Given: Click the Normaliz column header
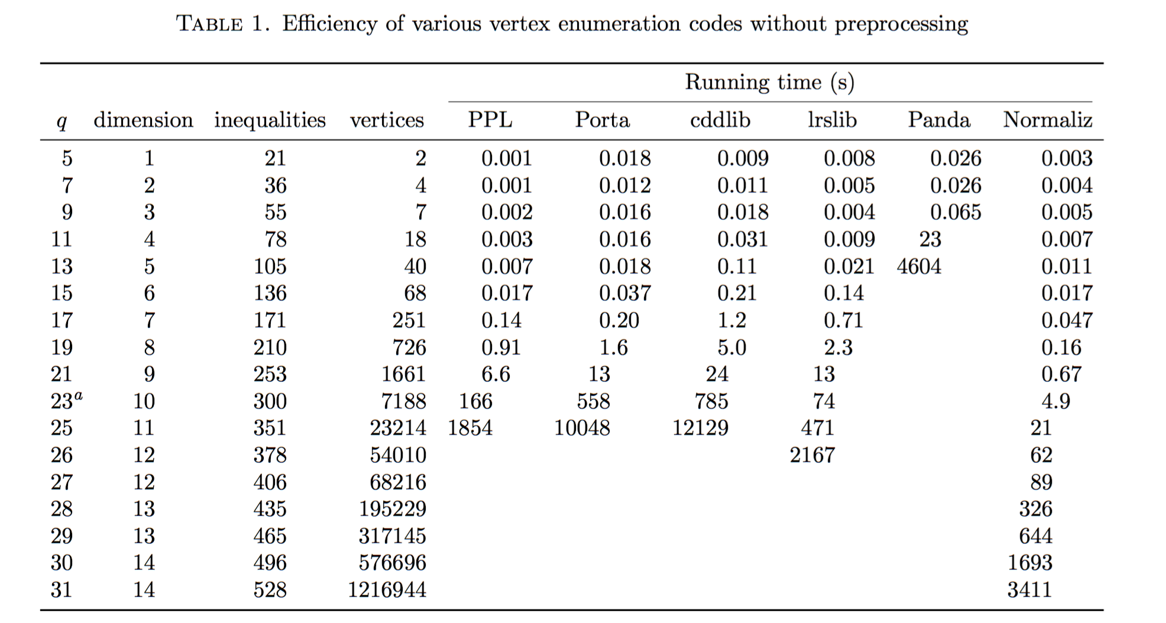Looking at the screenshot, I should point(1047,120).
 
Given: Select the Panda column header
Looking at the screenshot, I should point(939,120).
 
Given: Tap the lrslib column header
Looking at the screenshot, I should point(832,120).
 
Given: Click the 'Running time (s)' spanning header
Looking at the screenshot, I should point(770,82).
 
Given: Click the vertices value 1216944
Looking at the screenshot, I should point(387,590).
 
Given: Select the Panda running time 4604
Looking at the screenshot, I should point(919,267).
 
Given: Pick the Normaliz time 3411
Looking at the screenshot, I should point(1029,590).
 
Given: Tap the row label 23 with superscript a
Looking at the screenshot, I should point(66,401).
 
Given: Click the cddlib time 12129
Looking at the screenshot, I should point(700,428).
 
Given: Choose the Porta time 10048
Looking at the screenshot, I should point(582,428).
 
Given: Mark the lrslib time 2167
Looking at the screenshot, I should point(812,455).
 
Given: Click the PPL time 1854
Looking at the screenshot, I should point(470,428).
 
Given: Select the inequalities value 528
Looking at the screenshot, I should point(270,590).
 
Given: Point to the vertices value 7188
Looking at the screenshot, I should point(404,401).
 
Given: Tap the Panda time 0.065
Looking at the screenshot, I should point(956,212).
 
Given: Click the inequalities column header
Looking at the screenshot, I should point(270,120).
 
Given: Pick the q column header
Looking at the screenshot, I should point(61,122).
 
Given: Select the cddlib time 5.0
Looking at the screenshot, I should point(732,348).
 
